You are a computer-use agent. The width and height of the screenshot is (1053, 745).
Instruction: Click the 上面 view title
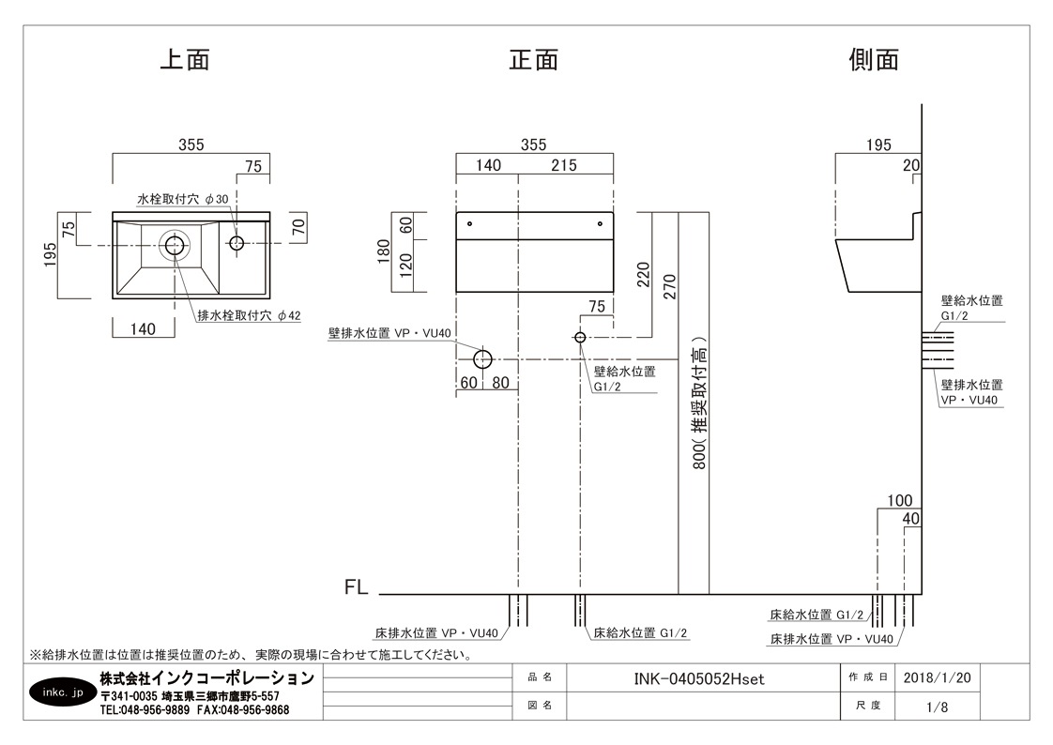click(185, 60)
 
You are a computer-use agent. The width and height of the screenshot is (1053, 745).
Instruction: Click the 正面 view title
click(534, 60)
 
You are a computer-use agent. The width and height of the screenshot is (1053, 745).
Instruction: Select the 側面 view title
click(874, 60)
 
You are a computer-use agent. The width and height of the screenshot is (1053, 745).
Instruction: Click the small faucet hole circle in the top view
click(237, 242)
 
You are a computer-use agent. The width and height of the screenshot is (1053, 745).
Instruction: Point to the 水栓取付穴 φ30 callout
click(183, 199)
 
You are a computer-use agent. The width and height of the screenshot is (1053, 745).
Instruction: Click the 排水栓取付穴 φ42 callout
click(249, 315)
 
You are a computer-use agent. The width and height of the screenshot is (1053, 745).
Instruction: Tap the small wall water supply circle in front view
click(580, 337)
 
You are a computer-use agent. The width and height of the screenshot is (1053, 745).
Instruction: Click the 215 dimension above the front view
click(564, 165)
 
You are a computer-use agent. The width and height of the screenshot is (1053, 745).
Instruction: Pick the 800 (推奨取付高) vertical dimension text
click(699, 403)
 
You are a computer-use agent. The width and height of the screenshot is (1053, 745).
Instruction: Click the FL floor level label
click(356, 587)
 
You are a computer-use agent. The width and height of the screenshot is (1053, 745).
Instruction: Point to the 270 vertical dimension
click(669, 286)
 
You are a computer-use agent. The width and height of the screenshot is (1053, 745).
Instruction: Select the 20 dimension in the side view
click(911, 165)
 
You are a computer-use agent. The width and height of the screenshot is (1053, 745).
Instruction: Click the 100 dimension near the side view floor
click(900, 500)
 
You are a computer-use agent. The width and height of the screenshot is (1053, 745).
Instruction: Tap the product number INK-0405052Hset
click(699, 678)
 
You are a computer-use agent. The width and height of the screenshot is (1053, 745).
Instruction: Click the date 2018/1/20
click(937, 677)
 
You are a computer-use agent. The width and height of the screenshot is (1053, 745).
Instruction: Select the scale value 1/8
click(937, 707)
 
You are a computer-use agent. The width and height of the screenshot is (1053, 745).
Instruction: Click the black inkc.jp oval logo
click(63, 692)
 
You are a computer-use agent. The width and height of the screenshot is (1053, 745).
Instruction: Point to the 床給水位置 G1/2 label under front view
click(640, 633)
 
